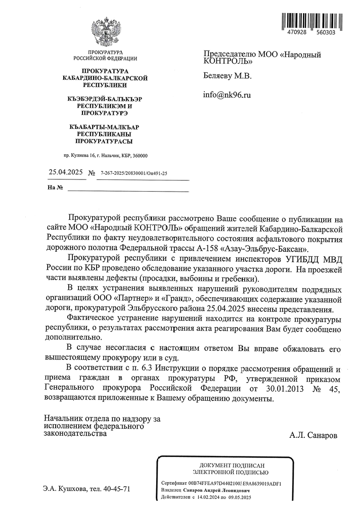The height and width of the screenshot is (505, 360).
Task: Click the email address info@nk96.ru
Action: (227, 95)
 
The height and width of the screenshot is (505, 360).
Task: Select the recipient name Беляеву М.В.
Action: (227, 76)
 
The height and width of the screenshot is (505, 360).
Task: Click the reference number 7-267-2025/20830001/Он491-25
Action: (134, 173)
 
